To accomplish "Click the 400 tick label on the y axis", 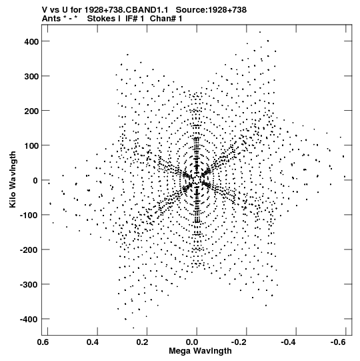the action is coord(31,41).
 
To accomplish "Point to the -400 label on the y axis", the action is coord(29,320).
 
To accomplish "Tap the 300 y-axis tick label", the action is coord(31,77).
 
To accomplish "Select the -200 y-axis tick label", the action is coord(29,250).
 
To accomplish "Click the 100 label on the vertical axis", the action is coord(31,146).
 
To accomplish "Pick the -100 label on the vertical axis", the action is coord(29,216).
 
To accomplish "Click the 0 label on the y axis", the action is coord(35,181).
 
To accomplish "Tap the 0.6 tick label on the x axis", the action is coord(43,342).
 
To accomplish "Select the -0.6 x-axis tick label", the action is coord(338,342).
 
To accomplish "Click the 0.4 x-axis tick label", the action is coord(93,342).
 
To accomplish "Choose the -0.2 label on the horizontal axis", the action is coord(239,342).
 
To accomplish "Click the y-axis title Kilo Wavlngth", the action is coord(13,179).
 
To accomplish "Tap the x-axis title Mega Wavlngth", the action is coord(200,351).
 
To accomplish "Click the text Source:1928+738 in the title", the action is coord(211,10).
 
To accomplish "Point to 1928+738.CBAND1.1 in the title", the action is coord(126,10).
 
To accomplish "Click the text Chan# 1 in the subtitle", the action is coord(166,19).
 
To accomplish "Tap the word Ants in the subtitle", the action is coord(51,19).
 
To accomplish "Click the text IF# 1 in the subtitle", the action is coord(135,19).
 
